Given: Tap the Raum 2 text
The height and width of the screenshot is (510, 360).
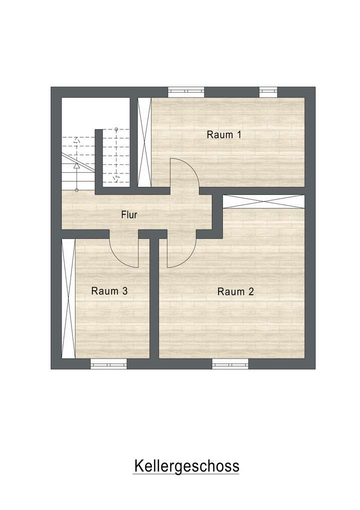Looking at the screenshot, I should [235, 292].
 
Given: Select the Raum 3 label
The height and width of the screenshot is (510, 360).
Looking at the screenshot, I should [109, 291].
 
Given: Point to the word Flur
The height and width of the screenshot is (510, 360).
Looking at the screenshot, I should [129, 215].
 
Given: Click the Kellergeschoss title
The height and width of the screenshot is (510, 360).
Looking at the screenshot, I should [186, 466].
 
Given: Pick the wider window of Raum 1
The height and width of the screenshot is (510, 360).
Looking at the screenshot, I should [186, 91].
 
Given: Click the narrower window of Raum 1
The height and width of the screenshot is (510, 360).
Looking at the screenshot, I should [268, 91].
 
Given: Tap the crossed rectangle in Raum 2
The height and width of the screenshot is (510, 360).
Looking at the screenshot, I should [263, 202].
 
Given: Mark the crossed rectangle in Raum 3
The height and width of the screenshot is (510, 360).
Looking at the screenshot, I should [67, 298].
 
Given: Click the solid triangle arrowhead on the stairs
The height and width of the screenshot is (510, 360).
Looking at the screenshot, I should [76, 165].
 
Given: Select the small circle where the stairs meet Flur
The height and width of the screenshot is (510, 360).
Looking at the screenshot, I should [76, 190].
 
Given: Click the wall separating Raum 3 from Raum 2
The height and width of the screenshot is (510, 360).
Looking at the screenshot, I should [154, 298].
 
